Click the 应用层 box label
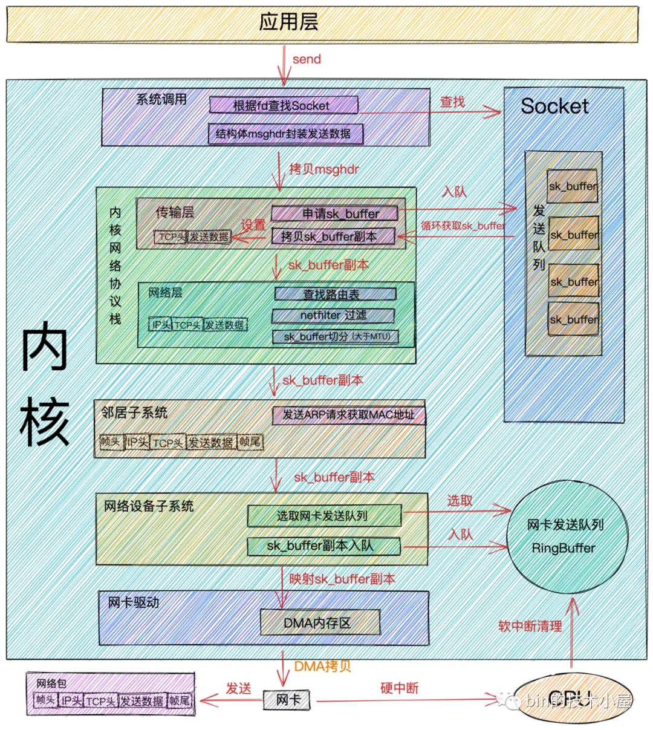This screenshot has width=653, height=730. pos(288,22)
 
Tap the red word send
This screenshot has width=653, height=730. pos(307,59)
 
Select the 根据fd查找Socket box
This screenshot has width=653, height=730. pos(283,105)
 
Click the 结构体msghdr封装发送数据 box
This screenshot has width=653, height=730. pos(285,134)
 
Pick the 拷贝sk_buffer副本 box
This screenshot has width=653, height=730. pos(333,236)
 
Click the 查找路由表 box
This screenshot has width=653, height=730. pos(334,295)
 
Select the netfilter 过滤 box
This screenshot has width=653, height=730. pos(333,315)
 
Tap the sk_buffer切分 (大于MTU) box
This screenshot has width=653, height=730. pos(336,337)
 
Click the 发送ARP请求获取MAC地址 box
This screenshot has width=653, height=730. pos(348,415)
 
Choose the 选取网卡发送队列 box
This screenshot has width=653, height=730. pos(323,516)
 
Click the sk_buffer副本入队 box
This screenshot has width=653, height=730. pos(323,546)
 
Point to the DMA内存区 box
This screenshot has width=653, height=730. pos(320,622)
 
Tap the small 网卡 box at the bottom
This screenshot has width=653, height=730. pos(287,700)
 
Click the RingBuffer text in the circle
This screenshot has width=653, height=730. pos(564,548)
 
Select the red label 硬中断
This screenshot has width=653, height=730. pos(399,688)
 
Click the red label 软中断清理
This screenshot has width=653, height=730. pos(530,627)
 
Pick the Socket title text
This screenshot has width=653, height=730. pos(554,106)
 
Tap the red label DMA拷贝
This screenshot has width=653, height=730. pos(322,666)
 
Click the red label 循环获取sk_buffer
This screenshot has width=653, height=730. pos(463,226)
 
